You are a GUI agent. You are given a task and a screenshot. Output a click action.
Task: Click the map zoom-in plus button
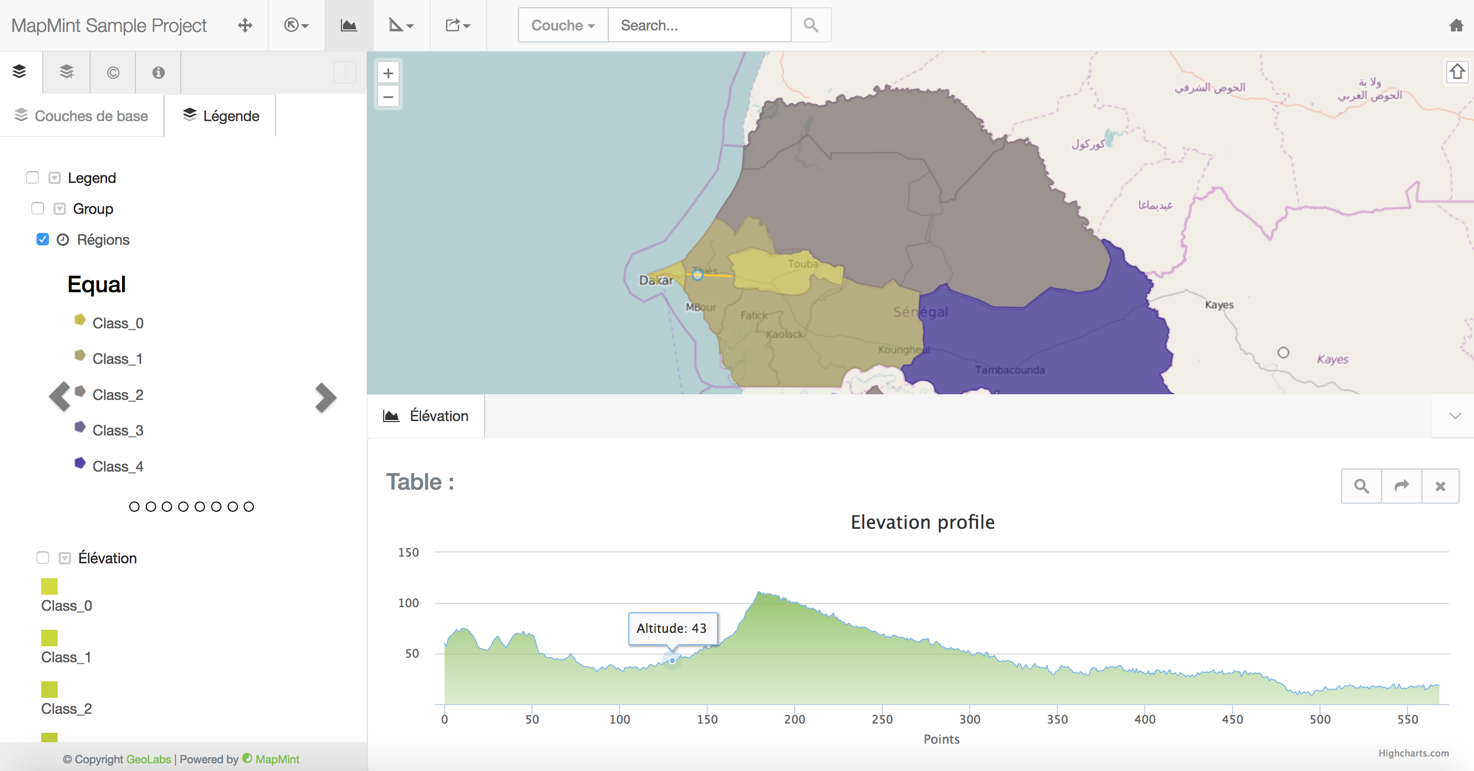388,73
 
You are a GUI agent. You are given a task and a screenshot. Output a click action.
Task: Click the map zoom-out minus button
388,97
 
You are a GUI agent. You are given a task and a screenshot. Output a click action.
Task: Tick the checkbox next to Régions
42,239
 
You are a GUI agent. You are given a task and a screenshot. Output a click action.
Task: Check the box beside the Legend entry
32,177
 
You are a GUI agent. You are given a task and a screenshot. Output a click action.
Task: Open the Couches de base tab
81,115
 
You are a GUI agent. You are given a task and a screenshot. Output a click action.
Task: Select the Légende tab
221,115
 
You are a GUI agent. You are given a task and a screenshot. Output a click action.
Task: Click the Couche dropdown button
562,25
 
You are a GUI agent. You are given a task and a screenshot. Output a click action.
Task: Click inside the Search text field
699,25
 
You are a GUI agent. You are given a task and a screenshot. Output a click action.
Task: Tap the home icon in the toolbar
1455,25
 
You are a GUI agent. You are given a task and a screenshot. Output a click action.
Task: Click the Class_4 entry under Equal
117,466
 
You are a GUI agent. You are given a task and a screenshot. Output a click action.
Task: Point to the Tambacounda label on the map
1009,370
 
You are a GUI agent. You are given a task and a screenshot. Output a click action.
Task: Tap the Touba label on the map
802,264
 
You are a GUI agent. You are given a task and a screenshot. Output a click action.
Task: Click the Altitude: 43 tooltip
672,628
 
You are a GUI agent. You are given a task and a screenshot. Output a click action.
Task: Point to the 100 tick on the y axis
408,602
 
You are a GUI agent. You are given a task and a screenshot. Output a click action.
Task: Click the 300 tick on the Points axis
969,719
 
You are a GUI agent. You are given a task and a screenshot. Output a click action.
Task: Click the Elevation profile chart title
922,522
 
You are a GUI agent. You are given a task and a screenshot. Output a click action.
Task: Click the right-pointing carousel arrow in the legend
325,397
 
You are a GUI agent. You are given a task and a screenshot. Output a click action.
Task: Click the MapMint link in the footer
277,759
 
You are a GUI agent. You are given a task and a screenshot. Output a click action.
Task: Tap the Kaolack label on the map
784,333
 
